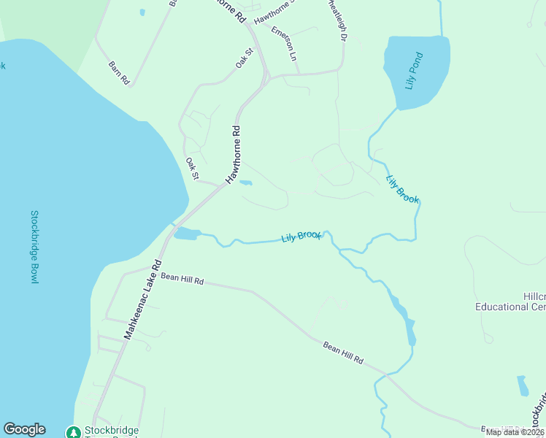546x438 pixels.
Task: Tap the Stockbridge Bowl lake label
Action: pyautogui.click(x=34, y=247)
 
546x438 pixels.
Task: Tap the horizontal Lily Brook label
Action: pyautogui.click(x=301, y=237)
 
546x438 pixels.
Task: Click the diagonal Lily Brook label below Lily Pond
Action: pyautogui.click(x=402, y=189)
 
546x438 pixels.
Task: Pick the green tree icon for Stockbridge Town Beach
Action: pyautogui.click(x=73, y=432)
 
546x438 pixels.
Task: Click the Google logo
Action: pyautogui.click(x=24, y=429)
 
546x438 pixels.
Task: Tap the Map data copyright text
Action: pyautogui.click(x=515, y=432)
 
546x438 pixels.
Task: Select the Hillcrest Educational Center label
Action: pyautogui.click(x=511, y=301)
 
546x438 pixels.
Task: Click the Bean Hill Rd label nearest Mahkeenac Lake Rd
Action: pyautogui.click(x=182, y=278)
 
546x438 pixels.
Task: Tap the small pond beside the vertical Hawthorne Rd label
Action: pyautogui.click(x=246, y=182)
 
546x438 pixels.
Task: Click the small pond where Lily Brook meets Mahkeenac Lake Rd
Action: pyautogui.click(x=187, y=234)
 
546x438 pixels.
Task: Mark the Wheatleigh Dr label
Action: pyautogui.click(x=337, y=20)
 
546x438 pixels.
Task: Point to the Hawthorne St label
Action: pyautogui.click(x=274, y=11)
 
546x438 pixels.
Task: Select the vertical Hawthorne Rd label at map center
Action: pyautogui.click(x=233, y=155)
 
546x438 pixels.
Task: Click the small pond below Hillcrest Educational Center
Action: pyautogui.click(x=523, y=385)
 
